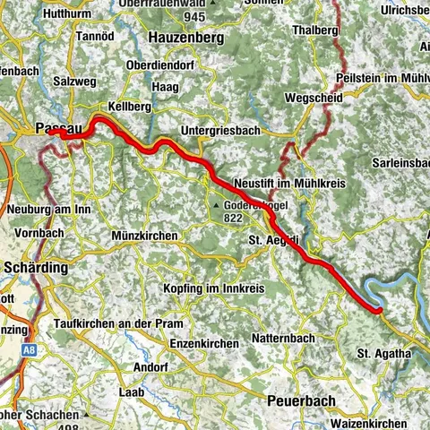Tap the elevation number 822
(x=234, y=216)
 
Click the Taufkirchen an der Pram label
(x=118, y=322)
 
